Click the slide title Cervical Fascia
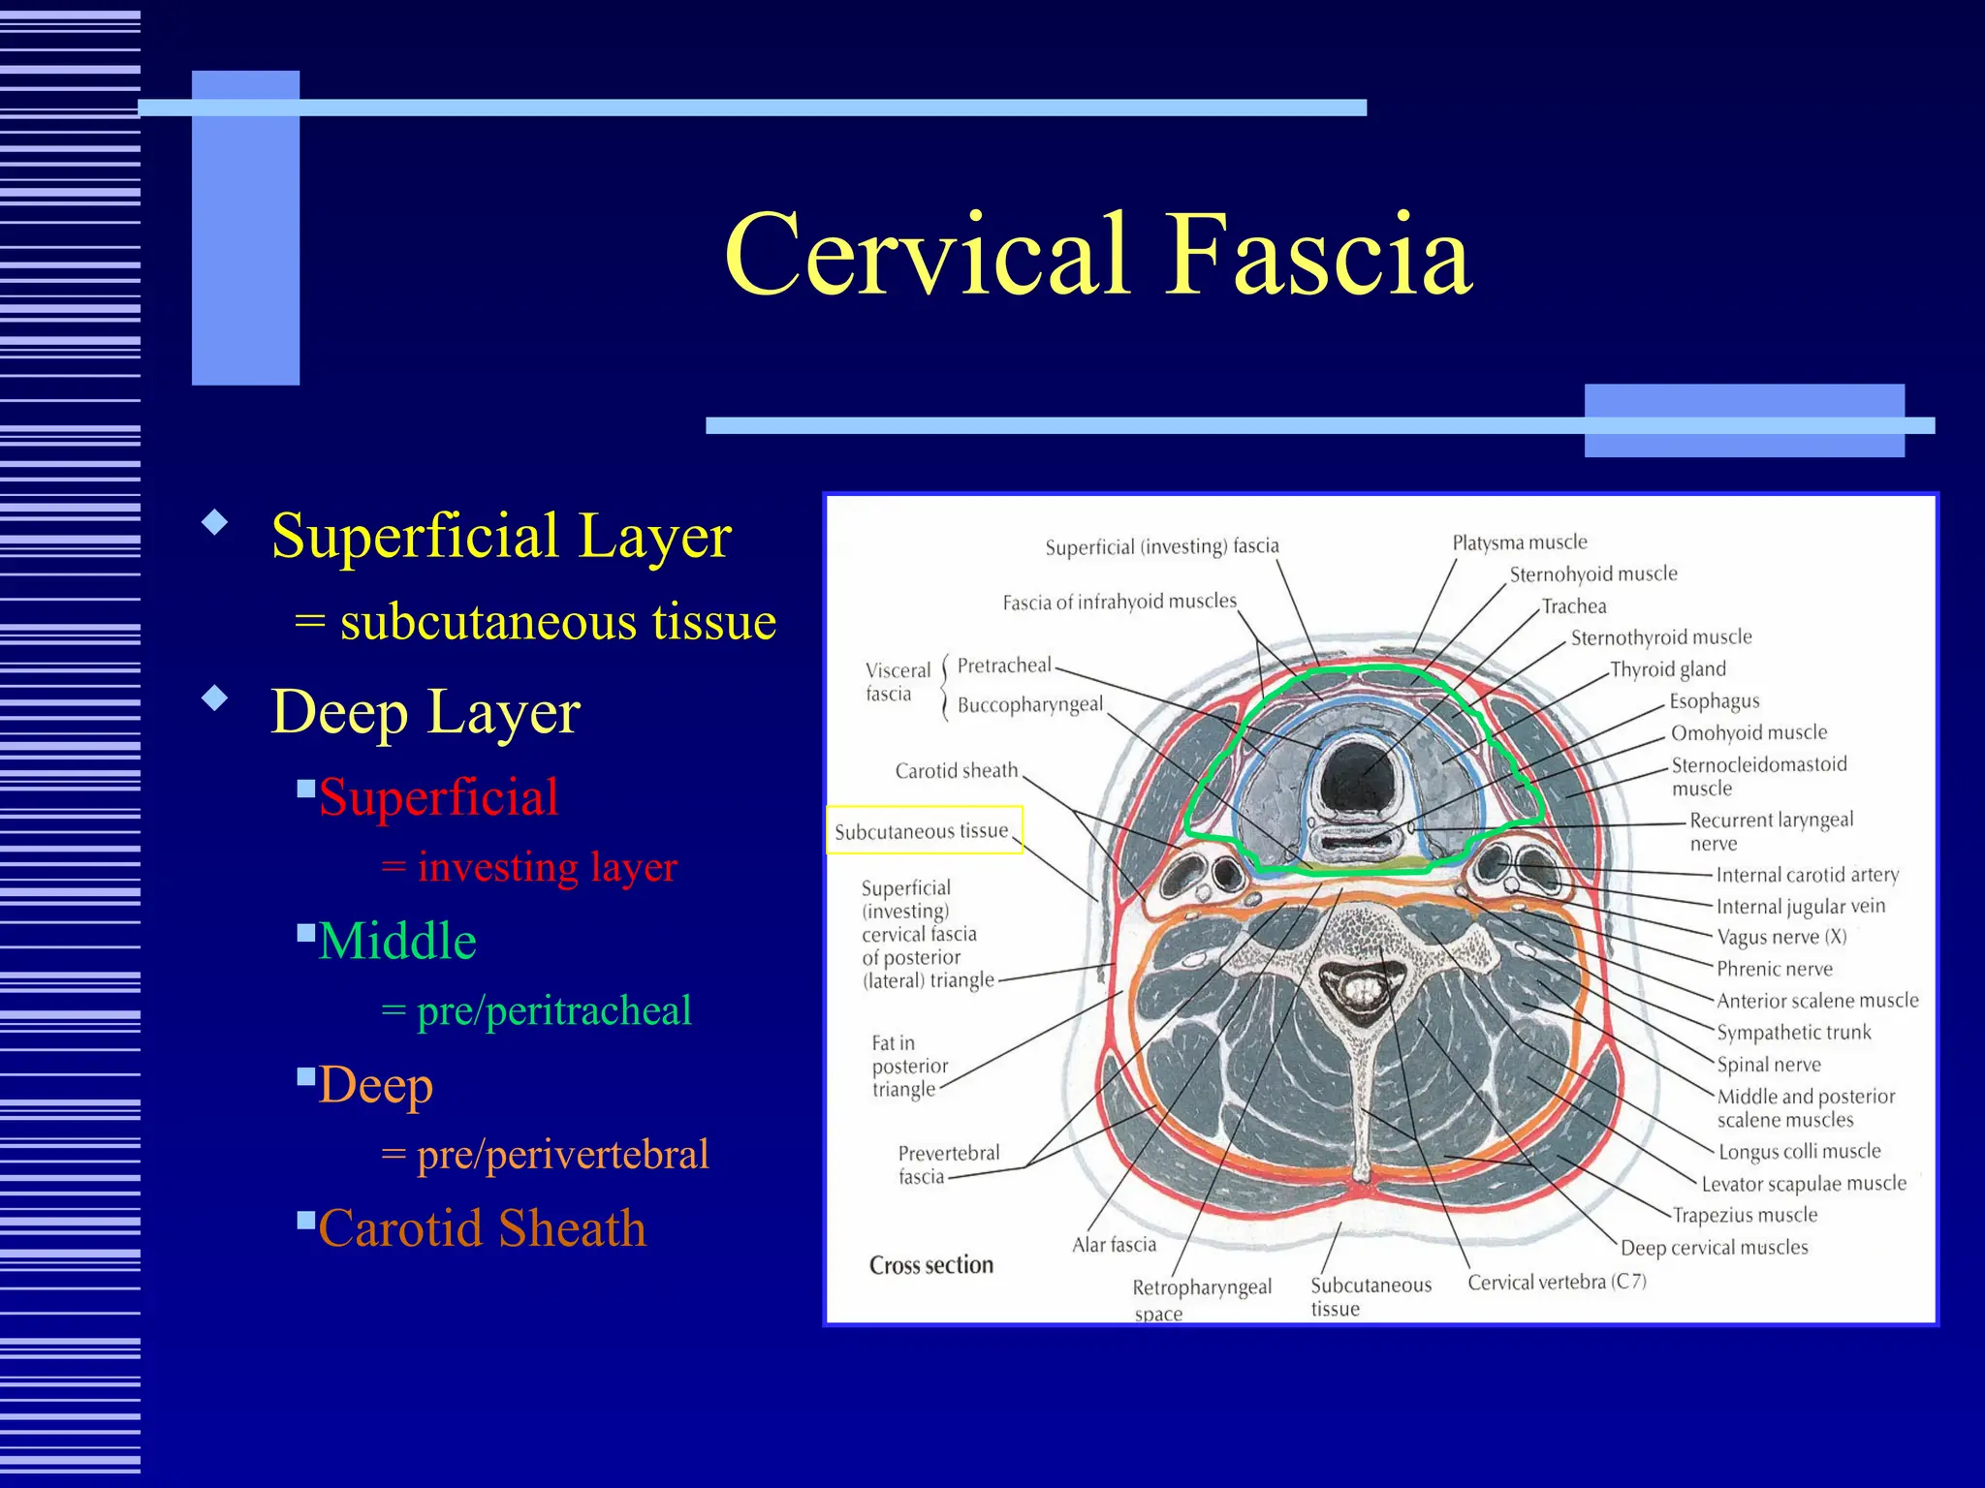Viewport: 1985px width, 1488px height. coord(1097,256)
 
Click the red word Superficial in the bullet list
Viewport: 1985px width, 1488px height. coord(438,798)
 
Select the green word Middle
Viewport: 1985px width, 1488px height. coord(397,942)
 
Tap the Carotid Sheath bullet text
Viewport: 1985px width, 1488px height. coord(482,1228)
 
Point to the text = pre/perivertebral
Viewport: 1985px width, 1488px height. coord(545,1155)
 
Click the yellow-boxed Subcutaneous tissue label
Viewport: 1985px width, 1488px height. coord(922,831)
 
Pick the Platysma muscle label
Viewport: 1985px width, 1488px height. coord(1519,542)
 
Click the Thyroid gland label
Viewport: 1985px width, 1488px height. coord(1667,669)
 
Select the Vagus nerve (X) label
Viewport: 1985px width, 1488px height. coord(1781,937)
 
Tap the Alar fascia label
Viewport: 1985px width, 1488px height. coord(1114,1245)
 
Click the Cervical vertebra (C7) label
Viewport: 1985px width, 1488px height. coord(1557,1283)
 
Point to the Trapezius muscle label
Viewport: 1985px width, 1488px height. coord(1745,1215)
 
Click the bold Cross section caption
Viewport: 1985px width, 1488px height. coord(930,1265)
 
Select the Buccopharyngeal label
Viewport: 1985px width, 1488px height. coord(1029,705)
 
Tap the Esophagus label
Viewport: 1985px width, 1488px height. coord(1714,701)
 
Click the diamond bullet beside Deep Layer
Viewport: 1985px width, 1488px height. coord(214,697)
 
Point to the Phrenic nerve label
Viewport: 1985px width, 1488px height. coord(1774,969)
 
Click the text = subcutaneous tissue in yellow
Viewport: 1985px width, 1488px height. coord(535,622)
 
